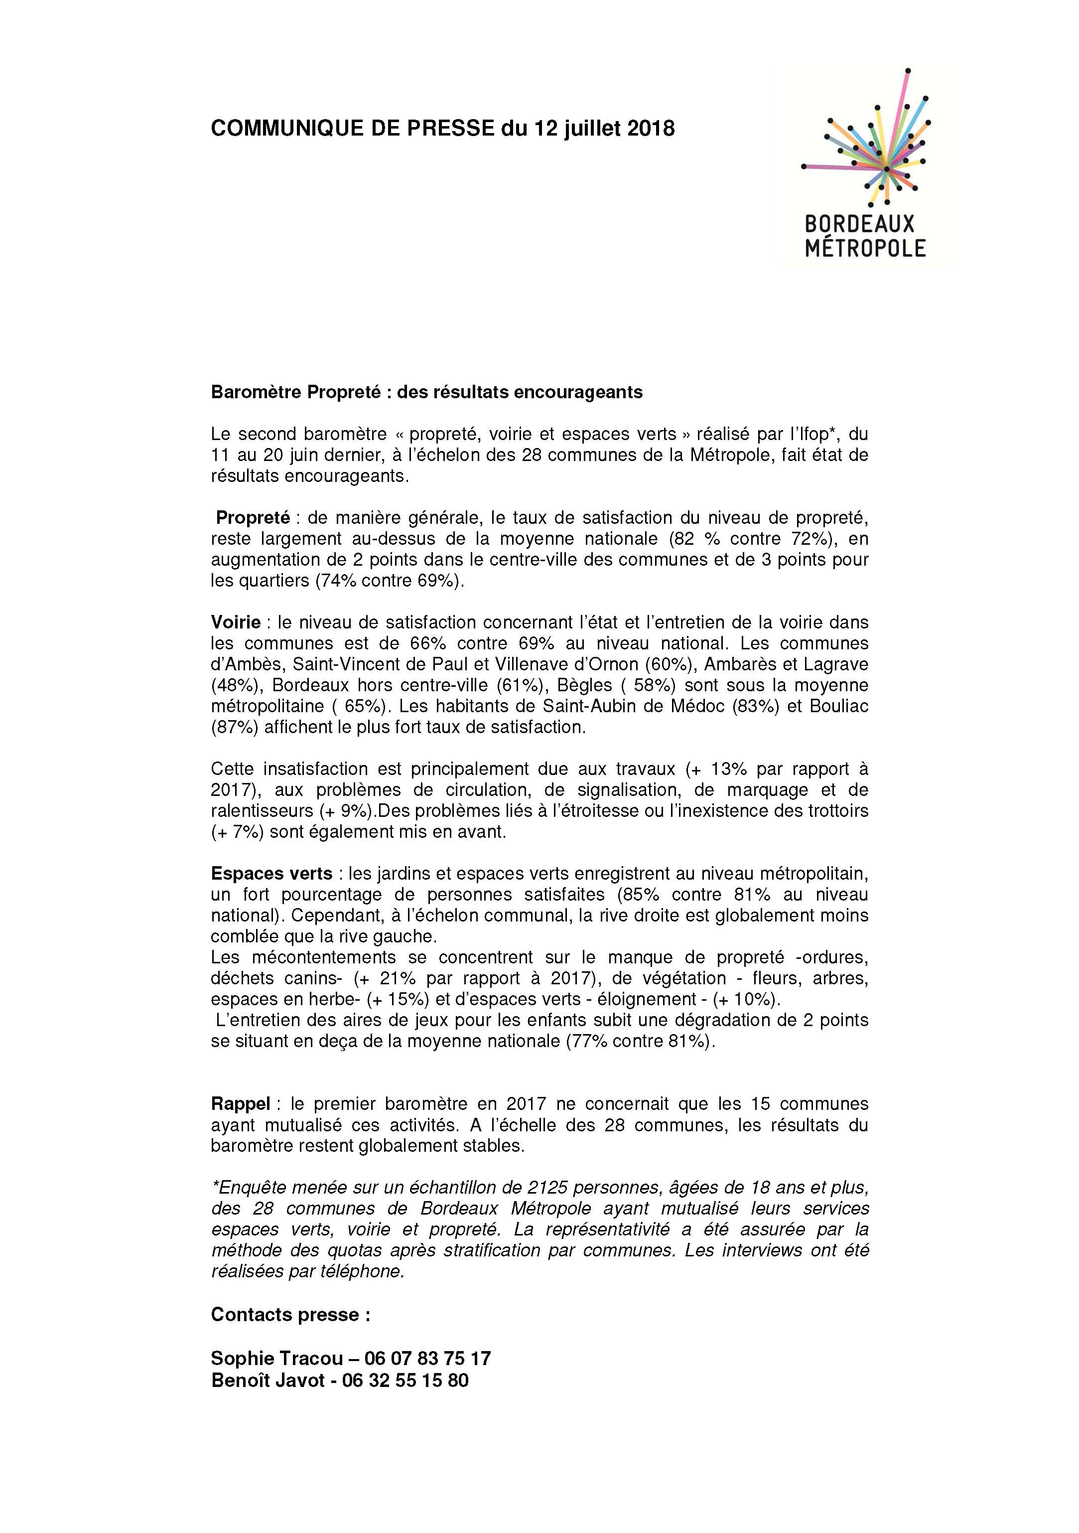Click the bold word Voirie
tap(236, 622)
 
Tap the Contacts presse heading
tap(290, 1315)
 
